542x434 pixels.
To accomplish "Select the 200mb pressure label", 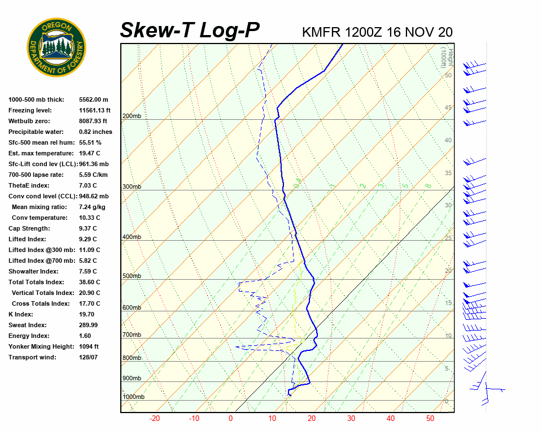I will click(x=132, y=116).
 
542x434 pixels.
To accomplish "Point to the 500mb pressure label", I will click(x=132, y=276).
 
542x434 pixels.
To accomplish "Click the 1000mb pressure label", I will click(x=133, y=397).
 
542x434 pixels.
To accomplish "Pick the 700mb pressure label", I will click(x=132, y=335).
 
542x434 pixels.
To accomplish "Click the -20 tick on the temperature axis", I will click(x=155, y=419).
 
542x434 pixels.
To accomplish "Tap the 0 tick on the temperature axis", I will click(x=230, y=419).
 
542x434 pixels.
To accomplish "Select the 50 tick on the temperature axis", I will click(x=430, y=419).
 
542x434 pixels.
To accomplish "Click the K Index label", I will click(x=21, y=314).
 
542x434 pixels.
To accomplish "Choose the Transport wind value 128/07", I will click(x=88, y=357).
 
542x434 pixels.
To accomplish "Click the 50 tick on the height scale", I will click(x=448, y=75).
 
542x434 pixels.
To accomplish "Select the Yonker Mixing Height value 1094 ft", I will click(x=89, y=346).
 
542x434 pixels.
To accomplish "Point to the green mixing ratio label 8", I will click(x=429, y=185).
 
